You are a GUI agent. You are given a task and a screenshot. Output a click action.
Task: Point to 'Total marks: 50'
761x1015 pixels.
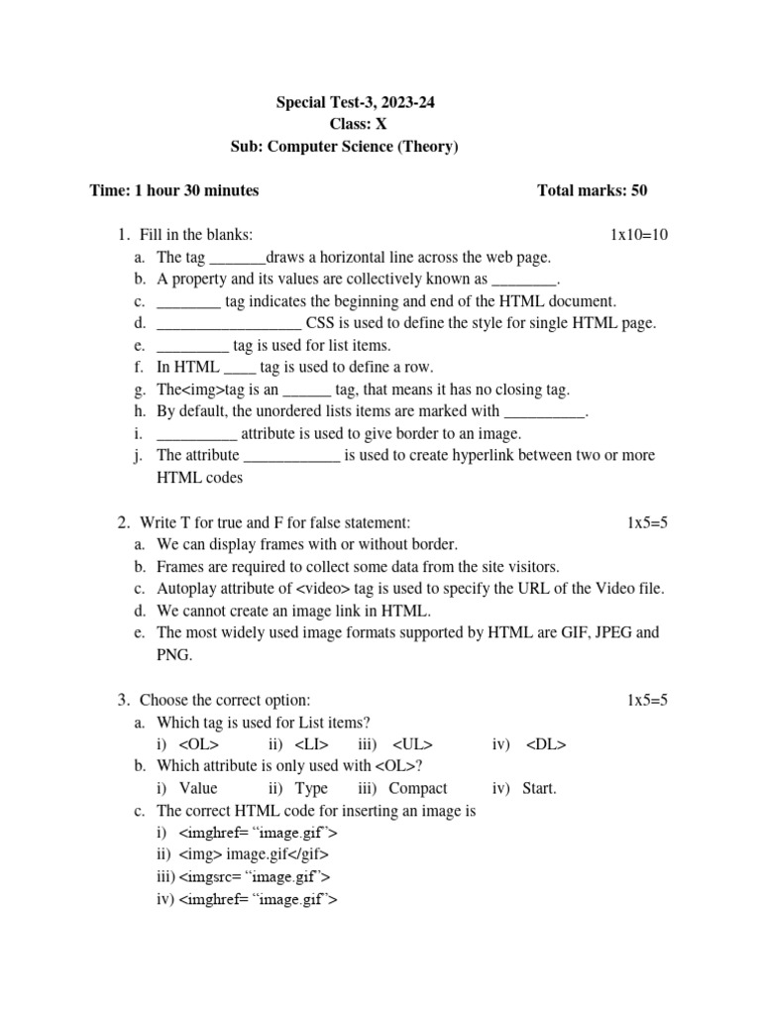point(592,190)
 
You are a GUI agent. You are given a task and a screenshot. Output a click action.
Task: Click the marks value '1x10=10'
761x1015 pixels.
point(639,235)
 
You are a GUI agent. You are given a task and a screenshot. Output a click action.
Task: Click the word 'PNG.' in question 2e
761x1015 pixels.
point(173,655)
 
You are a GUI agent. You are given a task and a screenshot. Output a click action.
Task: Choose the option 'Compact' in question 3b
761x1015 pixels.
point(417,789)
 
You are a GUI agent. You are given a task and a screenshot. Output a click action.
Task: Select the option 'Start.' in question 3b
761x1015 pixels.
point(538,789)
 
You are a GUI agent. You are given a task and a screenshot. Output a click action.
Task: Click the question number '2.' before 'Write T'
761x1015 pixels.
point(123,522)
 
